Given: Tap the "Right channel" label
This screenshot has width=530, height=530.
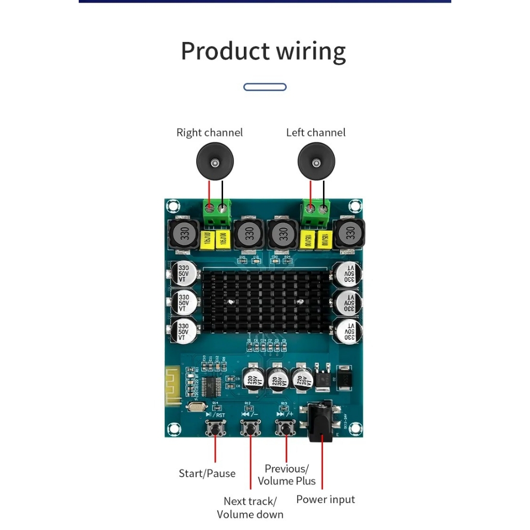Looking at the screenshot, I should coord(209,132).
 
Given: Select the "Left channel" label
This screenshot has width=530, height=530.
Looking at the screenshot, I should coord(315,132).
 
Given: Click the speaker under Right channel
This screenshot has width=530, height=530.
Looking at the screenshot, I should coord(214,163).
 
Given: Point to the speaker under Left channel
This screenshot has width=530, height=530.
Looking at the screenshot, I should coord(316,163).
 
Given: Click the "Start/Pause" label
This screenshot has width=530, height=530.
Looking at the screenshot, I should coord(207,473).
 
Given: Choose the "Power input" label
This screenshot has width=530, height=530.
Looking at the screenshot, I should coord(326,499).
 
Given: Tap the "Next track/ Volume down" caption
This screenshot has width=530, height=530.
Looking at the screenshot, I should coord(250,507).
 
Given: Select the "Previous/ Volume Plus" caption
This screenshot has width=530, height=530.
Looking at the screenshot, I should coord(287,475).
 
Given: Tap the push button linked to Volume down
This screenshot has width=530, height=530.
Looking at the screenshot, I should coord(251,429).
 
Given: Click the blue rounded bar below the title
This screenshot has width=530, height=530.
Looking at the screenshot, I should coord(264,87).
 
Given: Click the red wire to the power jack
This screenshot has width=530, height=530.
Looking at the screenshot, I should coord(321,466).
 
